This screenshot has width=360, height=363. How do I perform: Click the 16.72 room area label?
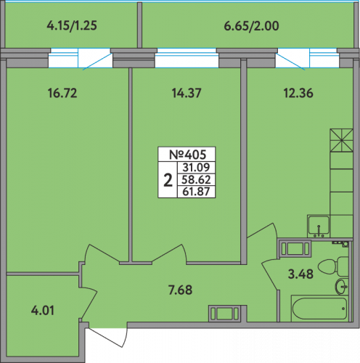point(62,93)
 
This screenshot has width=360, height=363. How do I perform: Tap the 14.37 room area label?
point(187,93)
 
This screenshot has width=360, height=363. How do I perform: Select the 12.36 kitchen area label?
point(298,93)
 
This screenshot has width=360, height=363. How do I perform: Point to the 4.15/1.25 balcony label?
point(72,25)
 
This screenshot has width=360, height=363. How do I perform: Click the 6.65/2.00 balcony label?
point(251,26)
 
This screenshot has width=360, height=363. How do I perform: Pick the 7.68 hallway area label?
point(181,290)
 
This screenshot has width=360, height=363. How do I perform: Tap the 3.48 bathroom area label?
point(300,274)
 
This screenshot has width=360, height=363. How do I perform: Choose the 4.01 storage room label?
point(43,311)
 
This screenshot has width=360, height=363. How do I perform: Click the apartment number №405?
point(187,155)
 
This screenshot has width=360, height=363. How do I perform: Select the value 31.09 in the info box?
point(196,167)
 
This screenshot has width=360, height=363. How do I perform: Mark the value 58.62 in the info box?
point(196,180)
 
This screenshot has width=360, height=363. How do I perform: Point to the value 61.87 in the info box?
point(196,192)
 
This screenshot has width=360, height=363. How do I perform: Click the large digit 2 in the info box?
point(168,180)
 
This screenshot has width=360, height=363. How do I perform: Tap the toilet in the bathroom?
point(333,266)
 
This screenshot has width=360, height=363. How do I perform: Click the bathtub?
point(319,309)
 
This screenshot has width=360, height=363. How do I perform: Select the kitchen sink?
point(319,226)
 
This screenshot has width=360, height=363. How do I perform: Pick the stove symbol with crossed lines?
point(341,140)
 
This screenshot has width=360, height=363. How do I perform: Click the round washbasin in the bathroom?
point(342,287)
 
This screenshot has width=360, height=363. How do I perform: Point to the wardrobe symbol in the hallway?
point(224,314)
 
